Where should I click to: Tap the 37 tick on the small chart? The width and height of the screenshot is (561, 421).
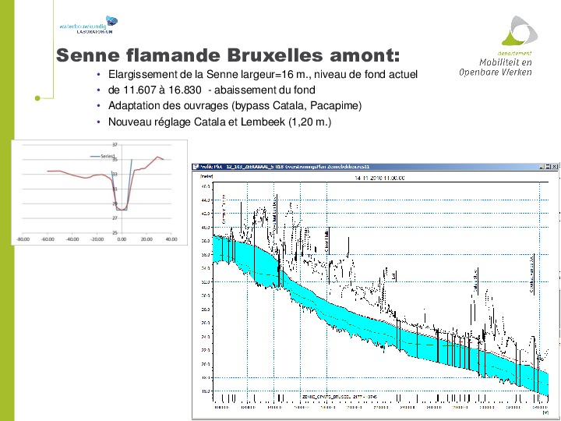pos(115,145)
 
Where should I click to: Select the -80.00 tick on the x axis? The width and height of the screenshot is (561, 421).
pos(23,239)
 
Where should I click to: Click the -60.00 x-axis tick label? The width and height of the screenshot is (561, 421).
pos(48,239)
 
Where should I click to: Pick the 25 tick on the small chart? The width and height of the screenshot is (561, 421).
pos(115,232)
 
